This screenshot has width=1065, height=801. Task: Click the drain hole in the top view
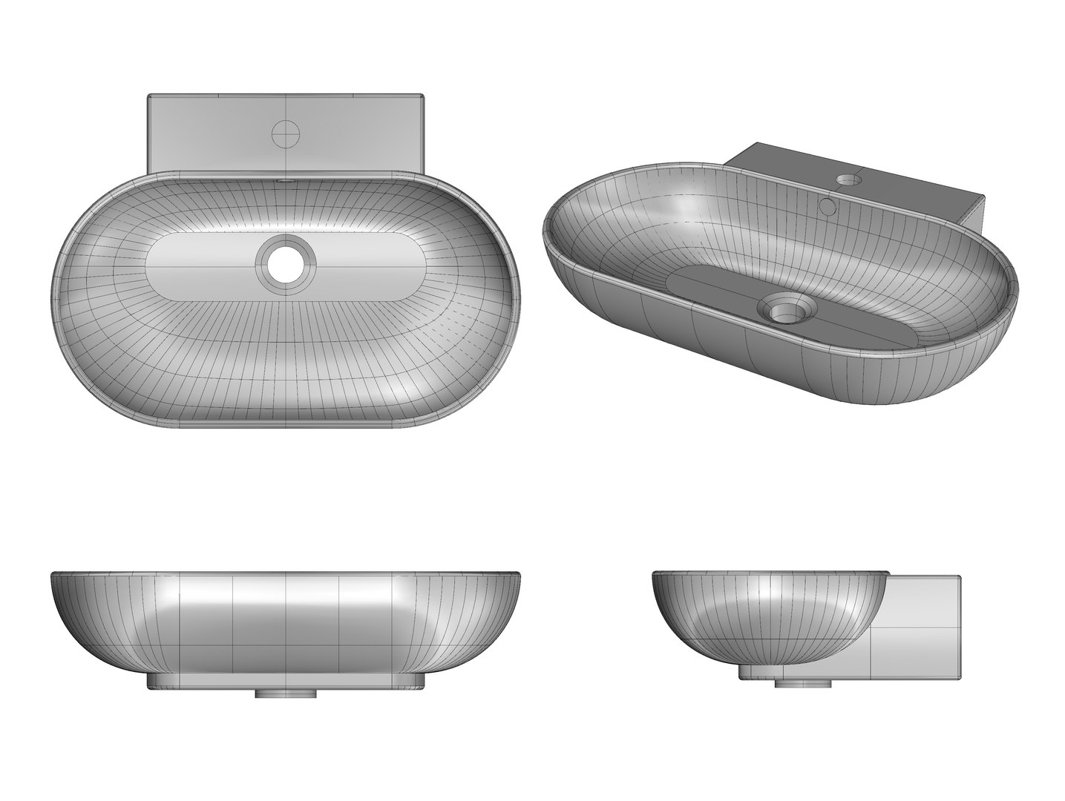(286, 263)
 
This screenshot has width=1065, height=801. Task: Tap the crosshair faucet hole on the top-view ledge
(286, 133)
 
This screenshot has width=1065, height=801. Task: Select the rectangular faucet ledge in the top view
(215, 133)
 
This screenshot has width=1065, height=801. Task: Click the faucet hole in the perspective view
(846, 179)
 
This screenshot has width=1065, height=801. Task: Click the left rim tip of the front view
(52, 574)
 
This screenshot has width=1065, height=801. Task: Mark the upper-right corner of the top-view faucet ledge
(422, 96)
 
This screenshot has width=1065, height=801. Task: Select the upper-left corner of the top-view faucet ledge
(150, 96)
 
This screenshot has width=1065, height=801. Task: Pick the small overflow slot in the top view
(286, 180)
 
